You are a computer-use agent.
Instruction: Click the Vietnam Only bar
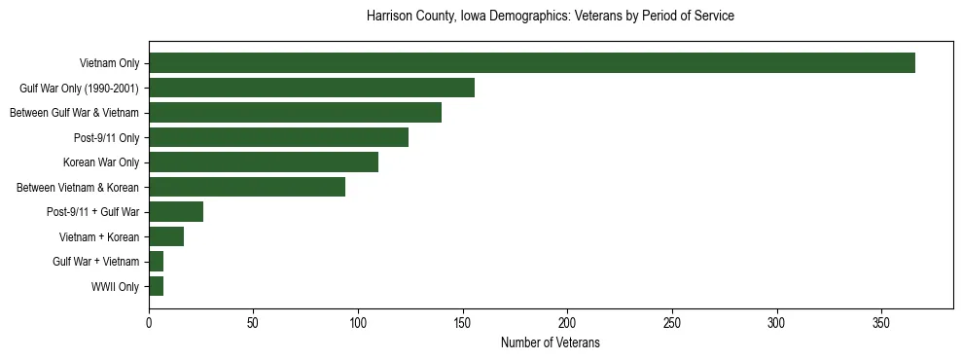coord(532,63)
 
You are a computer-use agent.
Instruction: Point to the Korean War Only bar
coord(264,162)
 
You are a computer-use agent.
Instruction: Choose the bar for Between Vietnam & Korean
coord(247,187)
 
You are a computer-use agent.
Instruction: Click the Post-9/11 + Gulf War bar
coord(176,212)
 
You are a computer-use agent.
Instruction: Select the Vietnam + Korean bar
coord(166,236)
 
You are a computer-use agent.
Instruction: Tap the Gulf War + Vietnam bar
coord(156,262)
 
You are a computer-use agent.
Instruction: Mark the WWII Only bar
coord(156,286)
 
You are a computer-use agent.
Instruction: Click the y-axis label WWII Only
coord(115,287)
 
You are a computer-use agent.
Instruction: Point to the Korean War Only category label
coord(101,162)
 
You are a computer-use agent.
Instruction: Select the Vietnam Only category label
coord(109,63)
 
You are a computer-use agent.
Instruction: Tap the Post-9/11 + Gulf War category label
coord(93,212)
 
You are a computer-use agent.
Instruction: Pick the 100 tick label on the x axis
coord(358,322)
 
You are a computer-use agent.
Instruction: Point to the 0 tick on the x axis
coord(149,322)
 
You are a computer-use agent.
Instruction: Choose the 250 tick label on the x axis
coord(672,322)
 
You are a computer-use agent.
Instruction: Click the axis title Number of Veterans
coord(550,343)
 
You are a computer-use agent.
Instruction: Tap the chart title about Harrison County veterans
coord(550,17)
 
